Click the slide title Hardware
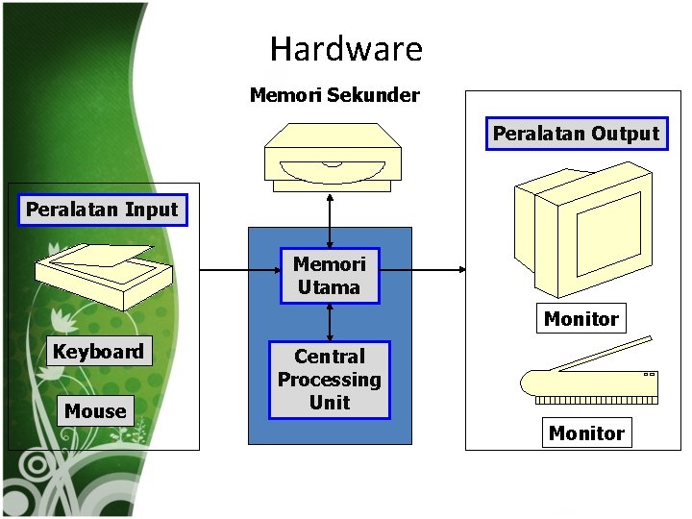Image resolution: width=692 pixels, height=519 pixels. click(346, 49)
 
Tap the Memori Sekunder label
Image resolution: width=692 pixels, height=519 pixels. click(334, 95)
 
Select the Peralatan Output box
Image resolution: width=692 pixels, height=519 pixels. click(577, 134)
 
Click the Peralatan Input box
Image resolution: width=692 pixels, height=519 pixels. click(102, 210)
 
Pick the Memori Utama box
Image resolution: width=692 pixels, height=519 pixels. click(330, 276)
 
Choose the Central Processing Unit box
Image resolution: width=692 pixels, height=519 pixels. click(330, 380)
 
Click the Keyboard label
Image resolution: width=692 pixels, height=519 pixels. click(98, 352)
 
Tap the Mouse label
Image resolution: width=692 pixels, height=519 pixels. click(95, 411)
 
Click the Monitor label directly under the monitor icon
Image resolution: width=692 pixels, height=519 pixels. click(581, 319)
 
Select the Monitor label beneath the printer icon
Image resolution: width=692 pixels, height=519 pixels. click(586, 433)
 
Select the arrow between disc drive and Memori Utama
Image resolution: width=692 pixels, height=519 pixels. click(330, 219)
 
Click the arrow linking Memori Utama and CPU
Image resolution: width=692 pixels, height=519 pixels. click(330, 322)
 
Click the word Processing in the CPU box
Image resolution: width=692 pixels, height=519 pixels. click(330, 380)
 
